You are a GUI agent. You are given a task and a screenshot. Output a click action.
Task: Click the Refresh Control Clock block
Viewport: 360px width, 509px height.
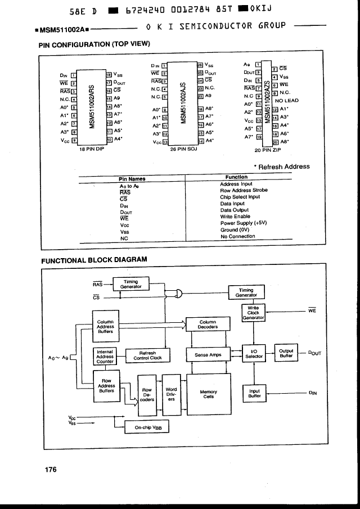pyautogui.click(x=147, y=355)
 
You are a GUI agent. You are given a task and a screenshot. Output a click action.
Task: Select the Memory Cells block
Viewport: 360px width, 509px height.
pyautogui.click(x=208, y=394)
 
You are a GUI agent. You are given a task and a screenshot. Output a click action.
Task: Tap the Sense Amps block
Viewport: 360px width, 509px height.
pyautogui.click(x=208, y=355)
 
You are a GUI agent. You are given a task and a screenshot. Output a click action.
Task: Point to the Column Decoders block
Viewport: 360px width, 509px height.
pyautogui.click(x=208, y=325)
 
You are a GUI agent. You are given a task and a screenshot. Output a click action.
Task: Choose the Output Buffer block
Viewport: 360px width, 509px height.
pyautogui.click(x=286, y=353)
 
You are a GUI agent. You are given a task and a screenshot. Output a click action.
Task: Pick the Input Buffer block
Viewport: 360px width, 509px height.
pyautogui.click(x=254, y=394)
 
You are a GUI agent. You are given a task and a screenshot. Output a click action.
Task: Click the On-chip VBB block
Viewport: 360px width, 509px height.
pyautogui.click(x=146, y=427)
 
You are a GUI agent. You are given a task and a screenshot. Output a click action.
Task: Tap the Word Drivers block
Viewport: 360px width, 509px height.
pyautogui.click(x=171, y=393)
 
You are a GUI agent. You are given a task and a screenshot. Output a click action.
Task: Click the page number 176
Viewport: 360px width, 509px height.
pyautogui.click(x=51, y=470)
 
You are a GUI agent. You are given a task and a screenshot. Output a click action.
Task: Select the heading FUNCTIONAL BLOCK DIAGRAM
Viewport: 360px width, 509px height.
pyautogui.click(x=94, y=260)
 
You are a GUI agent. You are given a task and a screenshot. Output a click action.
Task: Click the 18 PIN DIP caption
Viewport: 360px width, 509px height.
pyautogui.click(x=90, y=150)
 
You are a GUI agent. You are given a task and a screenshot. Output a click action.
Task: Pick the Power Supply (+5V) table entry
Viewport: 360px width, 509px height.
pyautogui.click(x=244, y=224)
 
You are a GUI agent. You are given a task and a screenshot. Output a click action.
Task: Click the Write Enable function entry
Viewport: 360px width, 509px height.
pyautogui.click(x=235, y=217)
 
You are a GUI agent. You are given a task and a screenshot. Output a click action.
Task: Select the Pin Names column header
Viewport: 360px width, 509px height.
pyautogui.click(x=133, y=179)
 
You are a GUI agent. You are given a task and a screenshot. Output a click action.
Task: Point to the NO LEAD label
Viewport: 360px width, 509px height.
pyautogui.click(x=287, y=101)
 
